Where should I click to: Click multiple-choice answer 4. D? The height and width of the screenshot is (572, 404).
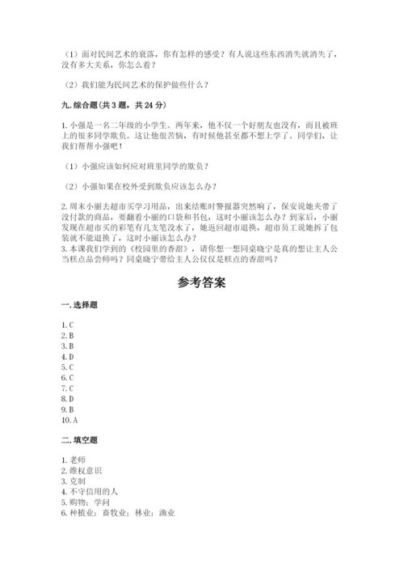click(69, 356)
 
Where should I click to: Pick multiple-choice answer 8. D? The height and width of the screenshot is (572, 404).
click(69, 398)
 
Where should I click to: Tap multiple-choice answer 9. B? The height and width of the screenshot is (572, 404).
click(69, 409)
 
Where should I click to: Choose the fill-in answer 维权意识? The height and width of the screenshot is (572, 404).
click(85, 471)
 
